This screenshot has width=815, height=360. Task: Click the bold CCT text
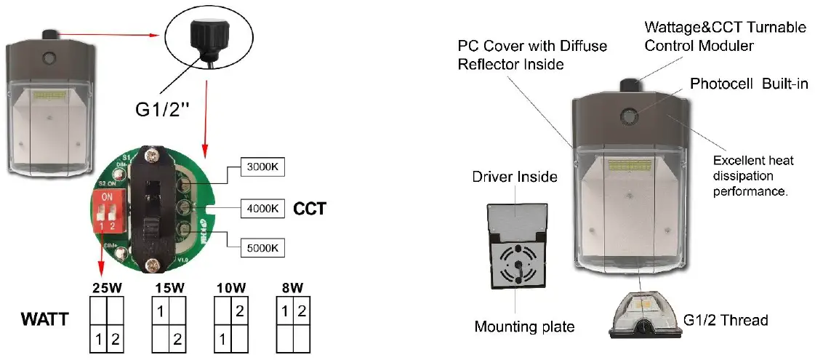[310, 209]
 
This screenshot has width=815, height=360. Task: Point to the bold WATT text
[44, 319]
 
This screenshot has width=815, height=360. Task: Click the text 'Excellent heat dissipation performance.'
[753, 177]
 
